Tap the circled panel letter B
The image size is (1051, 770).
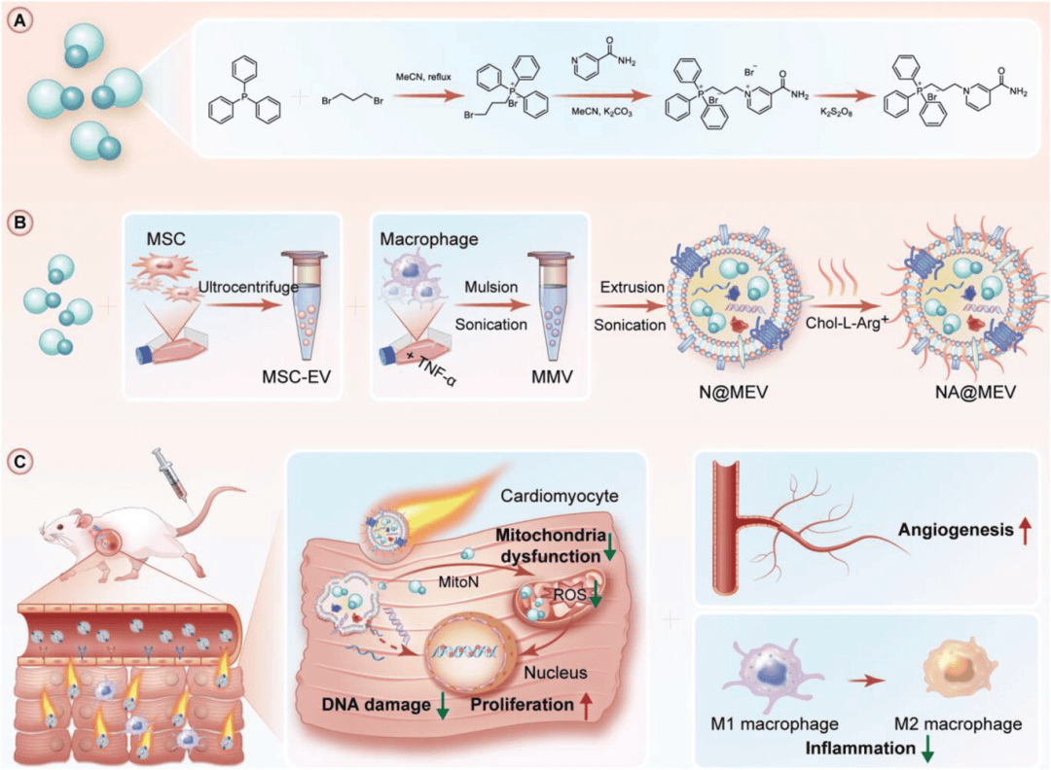18,221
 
